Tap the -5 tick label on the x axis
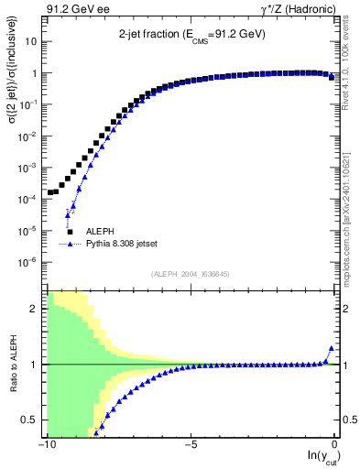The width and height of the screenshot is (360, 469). coord(191,445)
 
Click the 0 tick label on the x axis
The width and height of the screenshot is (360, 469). coord(335,445)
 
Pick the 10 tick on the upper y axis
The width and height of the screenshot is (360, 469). coord(32,42)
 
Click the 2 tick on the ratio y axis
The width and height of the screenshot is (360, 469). coord(36,309)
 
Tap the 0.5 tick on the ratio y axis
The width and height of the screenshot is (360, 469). coord(32,420)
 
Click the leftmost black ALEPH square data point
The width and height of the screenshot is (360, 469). coord(49,193)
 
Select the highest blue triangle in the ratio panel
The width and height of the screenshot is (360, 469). coord(331,349)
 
